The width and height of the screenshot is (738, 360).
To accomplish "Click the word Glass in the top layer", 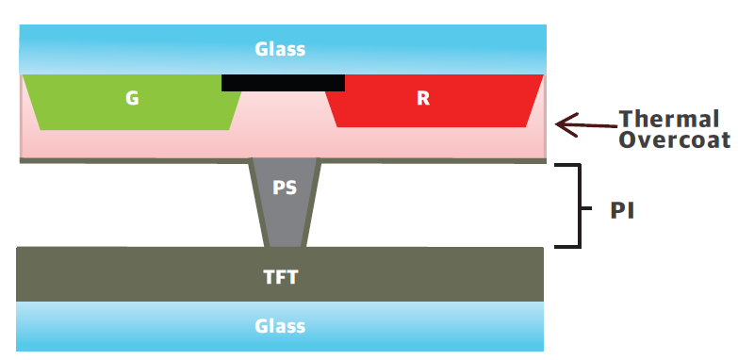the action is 280,49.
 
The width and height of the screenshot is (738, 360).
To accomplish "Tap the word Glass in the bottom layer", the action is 280,326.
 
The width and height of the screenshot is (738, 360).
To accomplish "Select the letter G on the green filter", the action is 132,98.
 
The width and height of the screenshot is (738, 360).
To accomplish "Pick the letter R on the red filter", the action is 423,98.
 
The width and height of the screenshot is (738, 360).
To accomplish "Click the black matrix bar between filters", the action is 283,83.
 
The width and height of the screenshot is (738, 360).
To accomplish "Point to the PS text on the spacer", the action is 285,188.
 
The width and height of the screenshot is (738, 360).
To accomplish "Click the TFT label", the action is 281,277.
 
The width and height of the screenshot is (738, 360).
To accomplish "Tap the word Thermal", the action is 669,119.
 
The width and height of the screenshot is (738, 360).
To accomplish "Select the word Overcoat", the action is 675,139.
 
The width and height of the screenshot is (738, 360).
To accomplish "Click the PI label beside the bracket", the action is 622,211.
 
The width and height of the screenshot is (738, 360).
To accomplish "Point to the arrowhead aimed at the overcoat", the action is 566,124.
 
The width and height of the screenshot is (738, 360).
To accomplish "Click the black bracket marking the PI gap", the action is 580,205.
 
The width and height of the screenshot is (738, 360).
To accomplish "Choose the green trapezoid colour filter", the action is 132,102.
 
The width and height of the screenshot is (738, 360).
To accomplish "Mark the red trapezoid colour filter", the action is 433,101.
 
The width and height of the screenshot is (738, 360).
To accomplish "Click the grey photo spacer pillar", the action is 286,203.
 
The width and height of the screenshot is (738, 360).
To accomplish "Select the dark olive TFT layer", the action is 280,274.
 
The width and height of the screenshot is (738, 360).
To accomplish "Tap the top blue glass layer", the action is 283,49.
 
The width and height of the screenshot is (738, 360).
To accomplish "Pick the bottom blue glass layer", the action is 280,326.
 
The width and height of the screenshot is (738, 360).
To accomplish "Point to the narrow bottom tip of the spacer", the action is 286,246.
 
